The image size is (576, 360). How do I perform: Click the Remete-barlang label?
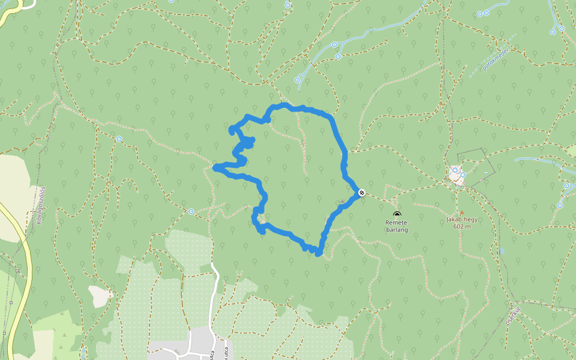(397, 225)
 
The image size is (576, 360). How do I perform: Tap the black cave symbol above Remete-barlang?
(397, 214)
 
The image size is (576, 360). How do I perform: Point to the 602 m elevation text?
(461, 226)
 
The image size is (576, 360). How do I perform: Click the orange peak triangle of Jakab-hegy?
(461, 212)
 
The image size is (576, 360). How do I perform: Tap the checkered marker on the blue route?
(362, 193)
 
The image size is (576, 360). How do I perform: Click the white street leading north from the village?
(212, 294)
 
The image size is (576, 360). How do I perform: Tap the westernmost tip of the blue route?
(215, 168)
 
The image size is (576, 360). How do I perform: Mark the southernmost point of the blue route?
(319, 254)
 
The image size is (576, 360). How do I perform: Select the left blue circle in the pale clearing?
(455, 170)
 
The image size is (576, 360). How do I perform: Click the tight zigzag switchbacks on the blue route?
(244, 144)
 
